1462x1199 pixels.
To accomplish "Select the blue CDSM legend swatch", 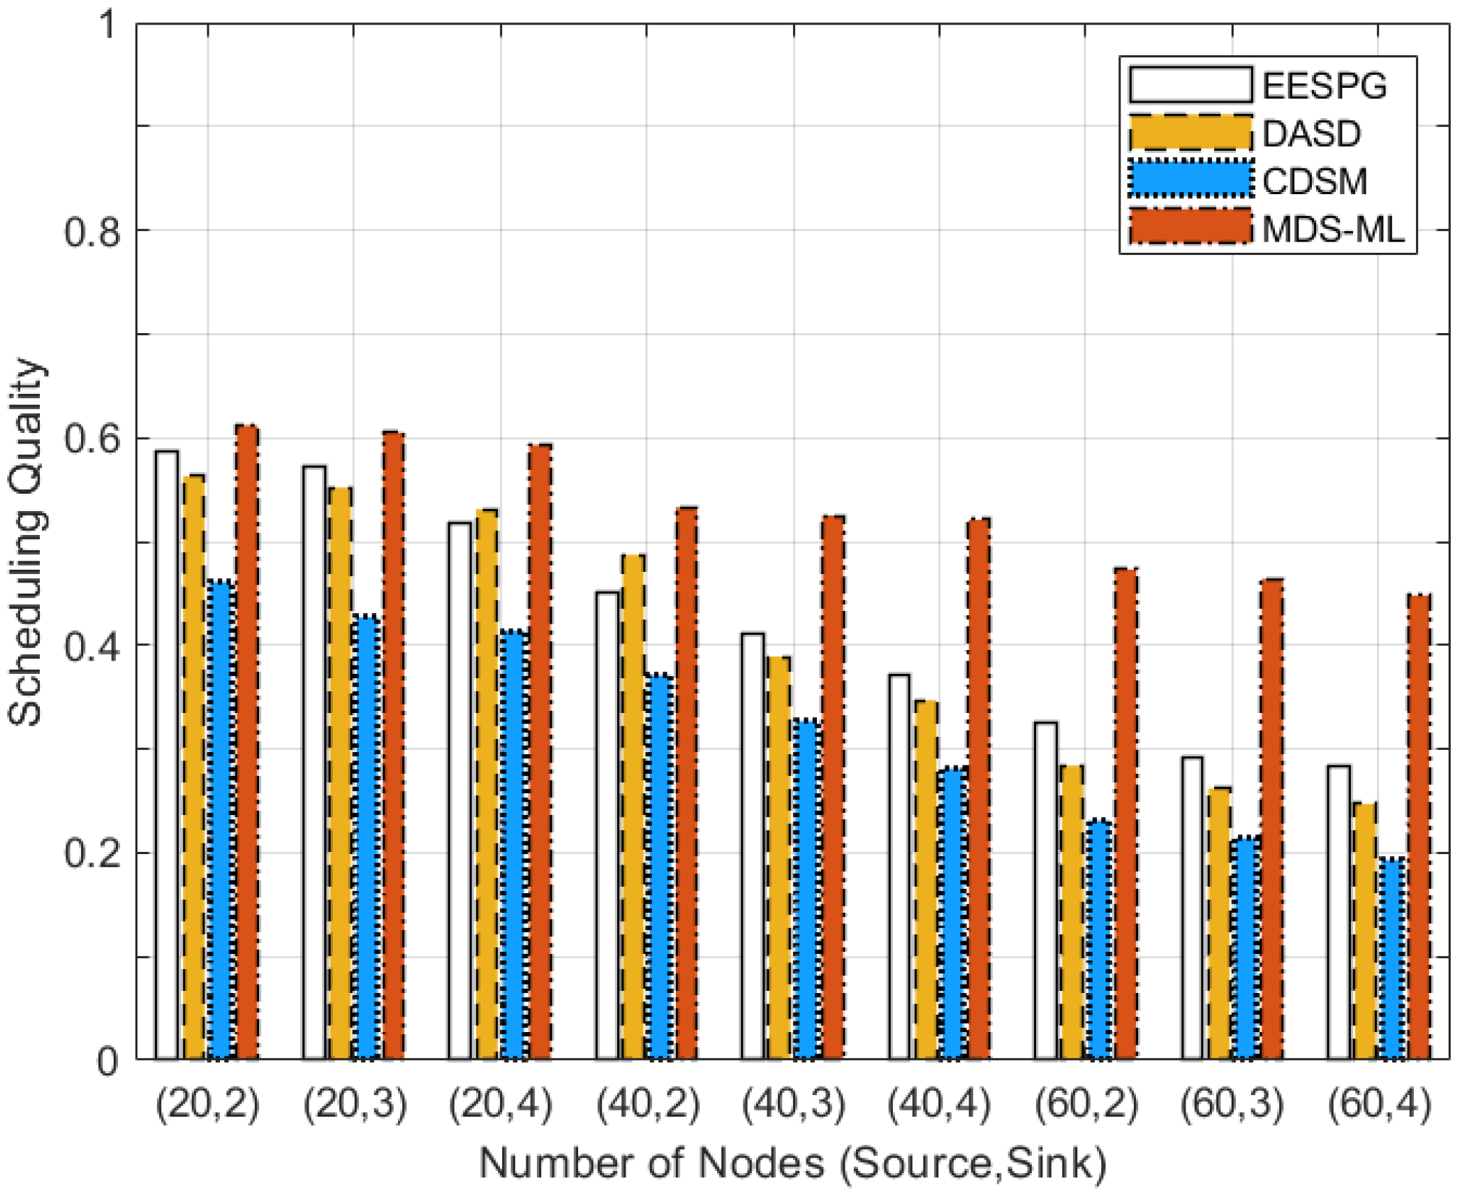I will point(1190,180).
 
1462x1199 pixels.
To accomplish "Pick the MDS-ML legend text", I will point(1333,229).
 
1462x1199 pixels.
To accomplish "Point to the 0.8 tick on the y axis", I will point(92,232).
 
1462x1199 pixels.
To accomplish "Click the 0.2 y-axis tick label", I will point(92,853).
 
